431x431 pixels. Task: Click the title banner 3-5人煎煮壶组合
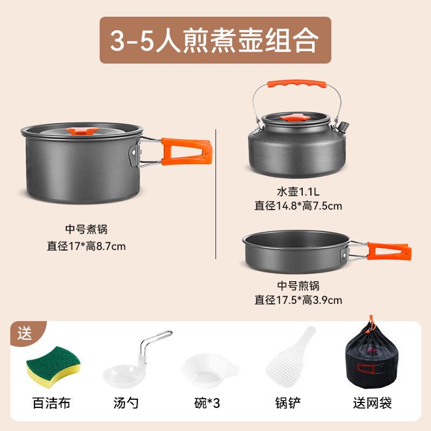click(x=215, y=40)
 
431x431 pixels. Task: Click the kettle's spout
click(x=342, y=128)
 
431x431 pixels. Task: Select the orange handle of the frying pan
click(x=387, y=249)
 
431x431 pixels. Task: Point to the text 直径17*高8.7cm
click(x=86, y=246)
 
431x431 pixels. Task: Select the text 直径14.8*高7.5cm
click(x=298, y=205)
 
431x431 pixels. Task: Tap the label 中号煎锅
click(x=298, y=286)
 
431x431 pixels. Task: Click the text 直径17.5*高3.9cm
click(x=298, y=300)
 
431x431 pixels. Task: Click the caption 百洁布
click(x=52, y=402)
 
